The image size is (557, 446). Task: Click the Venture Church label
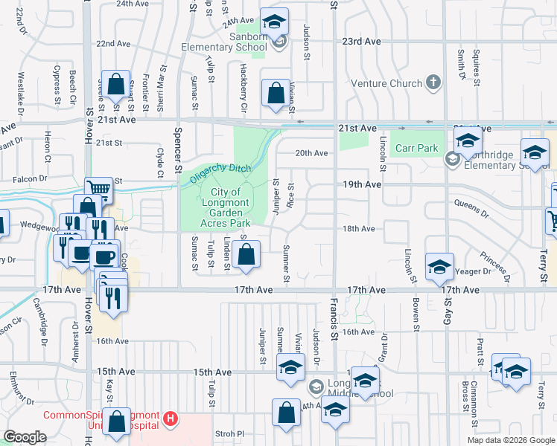point(386,83)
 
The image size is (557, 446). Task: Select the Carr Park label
point(417,148)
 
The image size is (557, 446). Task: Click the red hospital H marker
point(171,419)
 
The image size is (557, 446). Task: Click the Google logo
point(25,437)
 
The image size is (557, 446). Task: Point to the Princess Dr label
point(493,263)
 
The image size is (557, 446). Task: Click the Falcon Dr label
point(31,178)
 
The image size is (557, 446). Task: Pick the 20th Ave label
point(311,153)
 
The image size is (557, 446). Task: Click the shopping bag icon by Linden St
point(246,255)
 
